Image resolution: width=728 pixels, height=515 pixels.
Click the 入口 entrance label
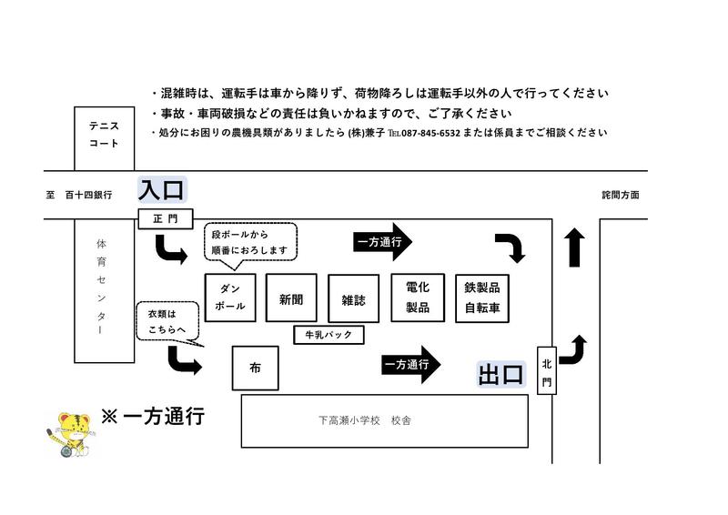coord(162,189)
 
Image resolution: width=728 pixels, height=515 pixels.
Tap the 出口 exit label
coord(501,374)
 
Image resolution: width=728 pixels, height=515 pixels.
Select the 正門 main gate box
coord(166,218)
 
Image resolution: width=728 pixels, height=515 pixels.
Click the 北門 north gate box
coord(547,370)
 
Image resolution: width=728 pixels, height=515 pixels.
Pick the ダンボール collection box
coord(230,298)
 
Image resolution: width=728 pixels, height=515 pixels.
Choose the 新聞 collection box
coord(291,298)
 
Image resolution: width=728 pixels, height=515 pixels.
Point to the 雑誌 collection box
coord(354,298)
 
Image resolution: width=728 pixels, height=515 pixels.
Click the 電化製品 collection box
coord(418,298)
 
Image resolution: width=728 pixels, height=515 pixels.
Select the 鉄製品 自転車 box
coord(482,298)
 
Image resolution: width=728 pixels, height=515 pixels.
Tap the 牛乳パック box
coord(329,335)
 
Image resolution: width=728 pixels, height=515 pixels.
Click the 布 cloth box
coord(256,368)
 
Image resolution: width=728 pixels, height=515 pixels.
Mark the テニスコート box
coord(105,139)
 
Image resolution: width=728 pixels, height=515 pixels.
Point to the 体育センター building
coord(105,290)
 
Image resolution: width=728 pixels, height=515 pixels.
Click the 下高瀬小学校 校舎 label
coord(365,420)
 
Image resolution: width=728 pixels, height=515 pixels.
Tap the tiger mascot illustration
coord(71,435)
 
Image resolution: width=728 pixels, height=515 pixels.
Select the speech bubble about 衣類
coord(168,322)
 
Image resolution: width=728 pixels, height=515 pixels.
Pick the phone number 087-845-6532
coord(430,133)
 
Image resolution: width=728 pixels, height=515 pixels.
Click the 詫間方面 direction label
coord(621,195)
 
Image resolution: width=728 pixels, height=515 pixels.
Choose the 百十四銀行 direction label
coord(88,195)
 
